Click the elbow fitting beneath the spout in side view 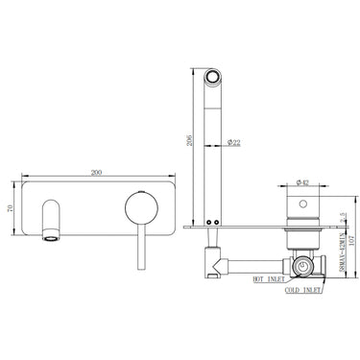[213, 257]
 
